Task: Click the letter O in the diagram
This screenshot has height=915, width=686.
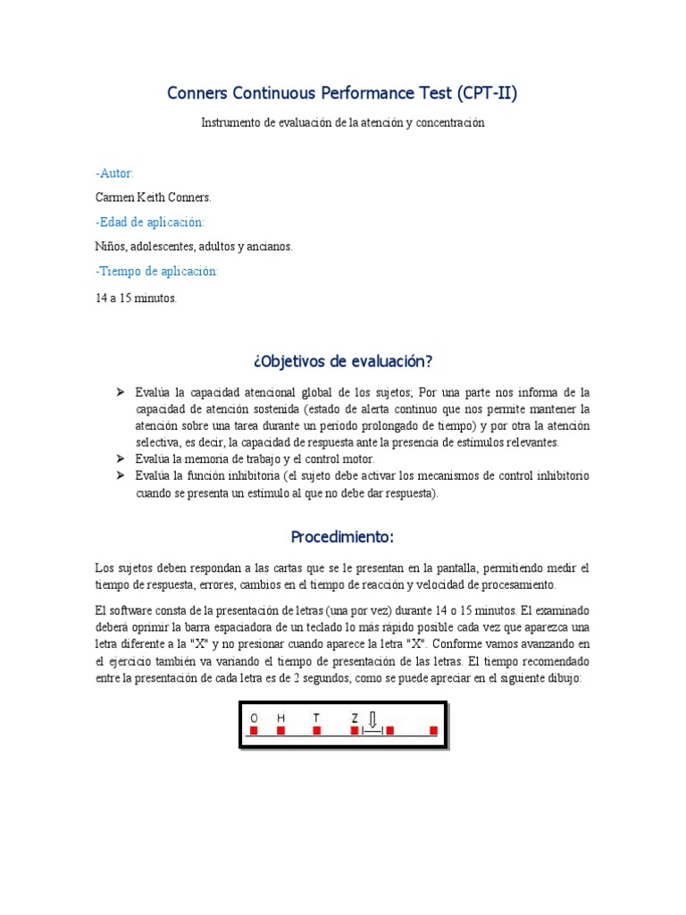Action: [254, 718]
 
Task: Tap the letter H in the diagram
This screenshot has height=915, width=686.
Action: [280, 718]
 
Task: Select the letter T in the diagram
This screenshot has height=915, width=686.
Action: [315, 718]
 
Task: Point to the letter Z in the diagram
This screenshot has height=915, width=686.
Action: [355, 718]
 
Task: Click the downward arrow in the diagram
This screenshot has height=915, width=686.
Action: [373, 719]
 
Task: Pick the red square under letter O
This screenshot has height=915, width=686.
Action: [254, 731]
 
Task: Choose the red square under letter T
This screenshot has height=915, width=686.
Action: [316, 731]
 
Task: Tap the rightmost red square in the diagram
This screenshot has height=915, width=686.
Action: [433, 731]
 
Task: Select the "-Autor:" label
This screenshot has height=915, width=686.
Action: [114, 173]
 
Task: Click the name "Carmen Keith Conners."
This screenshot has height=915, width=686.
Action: [153, 197]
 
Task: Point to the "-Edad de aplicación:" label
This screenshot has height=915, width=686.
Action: [149, 222]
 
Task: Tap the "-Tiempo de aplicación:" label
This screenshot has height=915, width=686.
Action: [155, 271]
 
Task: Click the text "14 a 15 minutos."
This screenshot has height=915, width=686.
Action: [136, 298]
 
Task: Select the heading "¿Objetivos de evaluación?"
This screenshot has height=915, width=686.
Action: [343, 361]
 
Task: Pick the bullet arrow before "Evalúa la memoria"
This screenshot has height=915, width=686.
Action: [121, 458]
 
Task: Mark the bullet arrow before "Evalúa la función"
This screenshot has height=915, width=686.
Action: [121, 475]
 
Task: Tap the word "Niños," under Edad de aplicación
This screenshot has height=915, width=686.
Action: [111, 246]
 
